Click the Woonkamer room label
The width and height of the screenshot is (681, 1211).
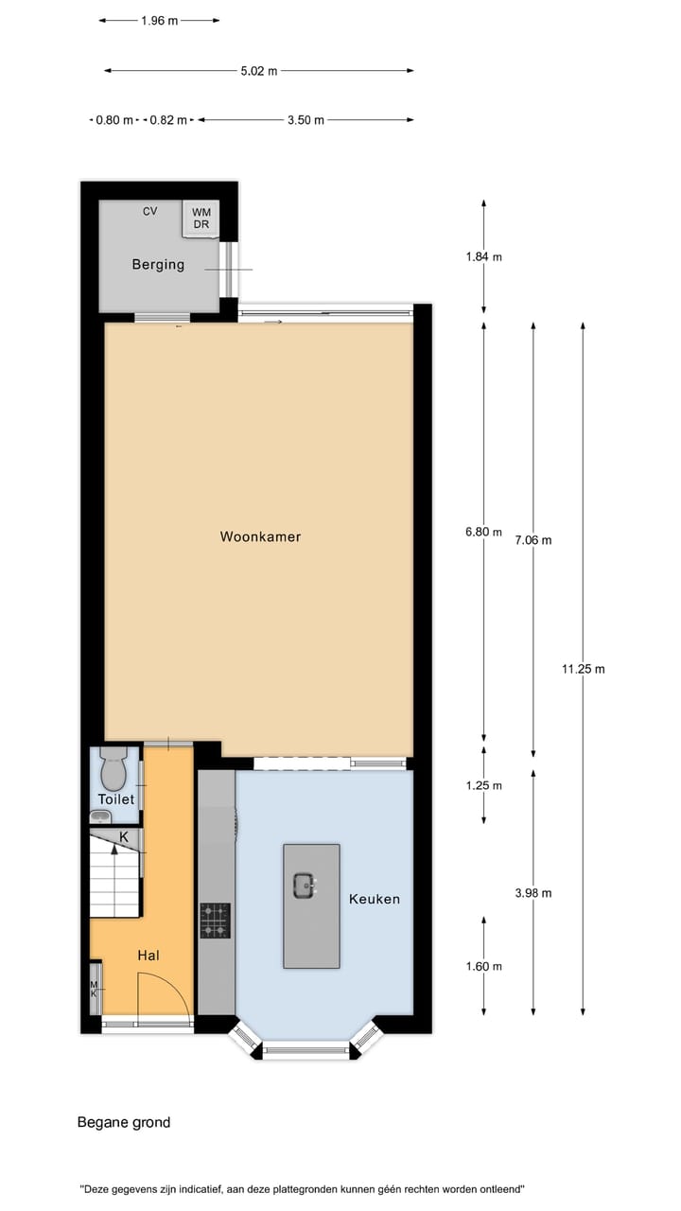pyautogui.click(x=260, y=536)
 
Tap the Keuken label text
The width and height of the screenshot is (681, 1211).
pyautogui.click(x=374, y=899)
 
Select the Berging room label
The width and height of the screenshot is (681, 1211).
pyautogui.click(x=158, y=265)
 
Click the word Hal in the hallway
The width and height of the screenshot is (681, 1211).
pyautogui.click(x=148, y=956)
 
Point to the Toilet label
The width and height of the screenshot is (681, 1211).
pyautogui.click(x=116, y=799)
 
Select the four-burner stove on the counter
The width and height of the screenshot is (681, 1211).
pyautogui.click(x=215, y=920)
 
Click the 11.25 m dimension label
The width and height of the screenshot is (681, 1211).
pyautogui.click(x=583, y=669)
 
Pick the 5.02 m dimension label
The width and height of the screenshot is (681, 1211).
pyautogui.click(x=259, y=70)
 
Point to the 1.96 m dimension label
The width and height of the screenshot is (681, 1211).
pyautogui.click(x=159, y=21)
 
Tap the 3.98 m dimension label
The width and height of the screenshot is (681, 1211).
pyautogui.click(x=533, y=892)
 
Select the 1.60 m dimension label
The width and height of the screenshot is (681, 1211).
pyautogui.click(x=483, y=966)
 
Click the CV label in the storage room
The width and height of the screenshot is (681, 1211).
pyautogui.click(x=149, y=211)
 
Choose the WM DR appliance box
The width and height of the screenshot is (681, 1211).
pyautogui.click(x=201, y=219)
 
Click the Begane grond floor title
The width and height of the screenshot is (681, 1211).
pyautogui.click(x=124, y=1122)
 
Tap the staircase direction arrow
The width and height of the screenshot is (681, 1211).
pyautogui.click(x=114, y=849)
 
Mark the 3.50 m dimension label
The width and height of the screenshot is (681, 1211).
pyautogui.click(x=306, y=120)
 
